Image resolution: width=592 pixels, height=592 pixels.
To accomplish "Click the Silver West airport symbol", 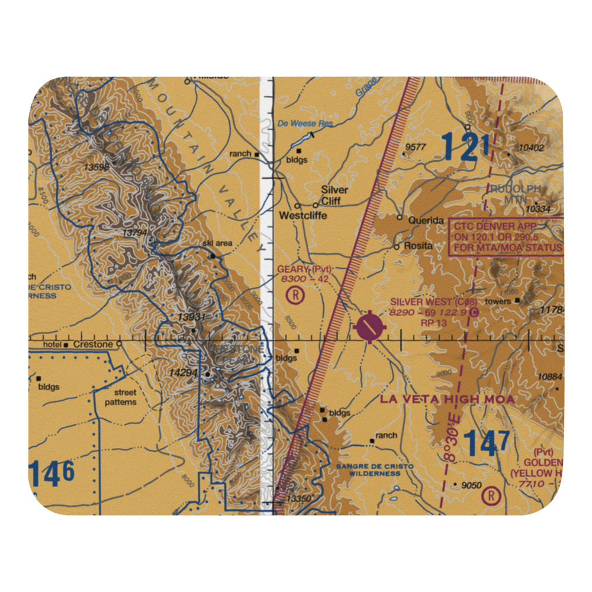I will click(371, 326).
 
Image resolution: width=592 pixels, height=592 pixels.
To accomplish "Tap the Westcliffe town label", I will click(303, 216).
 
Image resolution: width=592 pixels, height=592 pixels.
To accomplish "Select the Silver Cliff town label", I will click(334, 195).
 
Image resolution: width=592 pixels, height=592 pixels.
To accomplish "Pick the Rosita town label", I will click(418, 246).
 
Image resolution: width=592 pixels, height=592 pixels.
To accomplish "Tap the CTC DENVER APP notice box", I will click(507, 237).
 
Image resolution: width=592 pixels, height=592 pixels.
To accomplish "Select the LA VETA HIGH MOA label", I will click(448, 400).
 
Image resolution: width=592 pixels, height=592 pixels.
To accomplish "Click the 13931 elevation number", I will click(191, 318).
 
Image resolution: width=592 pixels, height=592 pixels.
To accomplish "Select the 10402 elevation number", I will click(531, 147).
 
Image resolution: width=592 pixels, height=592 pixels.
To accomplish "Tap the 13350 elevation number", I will click(298, 499).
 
